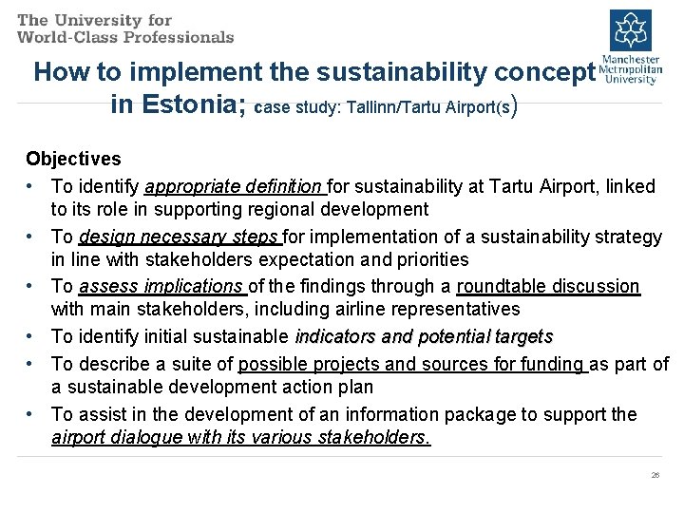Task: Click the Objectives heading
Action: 73,159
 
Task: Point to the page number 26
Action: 655,474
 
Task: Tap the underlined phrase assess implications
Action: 161,286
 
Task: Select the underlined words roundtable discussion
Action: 548,286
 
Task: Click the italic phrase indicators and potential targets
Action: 424,336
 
